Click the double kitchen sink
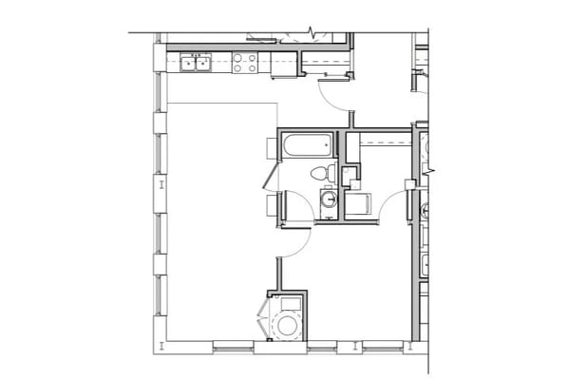pos(197,64)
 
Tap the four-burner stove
pos(244,64)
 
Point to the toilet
pos(323,173)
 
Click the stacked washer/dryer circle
pos(286,324)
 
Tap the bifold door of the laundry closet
pos(264,314)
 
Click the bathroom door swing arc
pos(301,207)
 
